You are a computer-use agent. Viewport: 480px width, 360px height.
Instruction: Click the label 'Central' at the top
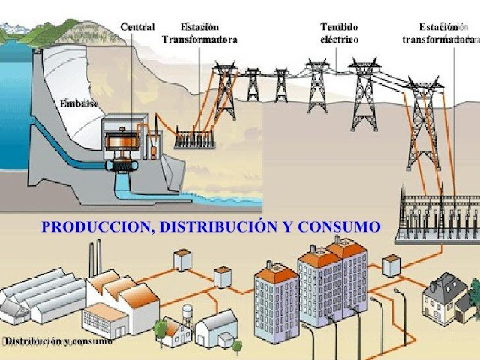coord(137,27)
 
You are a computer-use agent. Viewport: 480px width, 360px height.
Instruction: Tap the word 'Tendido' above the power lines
coord(339,27)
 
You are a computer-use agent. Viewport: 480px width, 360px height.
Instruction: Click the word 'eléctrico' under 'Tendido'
coord(339,39)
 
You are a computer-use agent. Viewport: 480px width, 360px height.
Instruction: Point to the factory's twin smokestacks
coord(95,257)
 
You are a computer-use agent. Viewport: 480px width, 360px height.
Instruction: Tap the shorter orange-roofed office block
coord(277,296)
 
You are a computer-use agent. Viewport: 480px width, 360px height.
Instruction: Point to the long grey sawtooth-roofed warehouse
coord(45,296)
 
